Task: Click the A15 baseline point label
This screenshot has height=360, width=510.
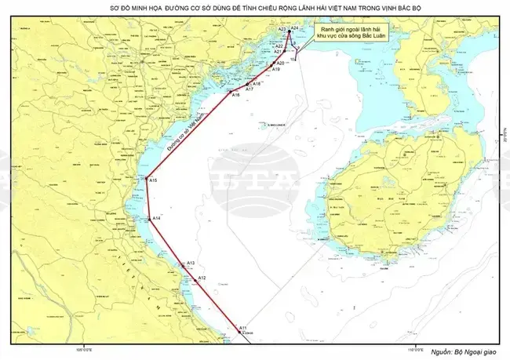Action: (x=154, y=181)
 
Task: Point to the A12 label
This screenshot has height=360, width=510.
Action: (x=202, y=278)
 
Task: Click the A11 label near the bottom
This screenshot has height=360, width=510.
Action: (x=244, y=327)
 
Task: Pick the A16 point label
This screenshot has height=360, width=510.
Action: (x=235, y=95)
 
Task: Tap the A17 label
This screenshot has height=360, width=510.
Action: (x=249, y=89)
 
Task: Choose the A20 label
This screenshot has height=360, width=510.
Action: (x=281, y=63)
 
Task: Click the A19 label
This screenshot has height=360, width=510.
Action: (x=276, y=70)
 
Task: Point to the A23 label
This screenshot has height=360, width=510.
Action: (x=282, y=28)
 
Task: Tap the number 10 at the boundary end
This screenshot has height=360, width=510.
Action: (x=293, y=60)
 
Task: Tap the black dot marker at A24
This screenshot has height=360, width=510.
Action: (x=289, y=32)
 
